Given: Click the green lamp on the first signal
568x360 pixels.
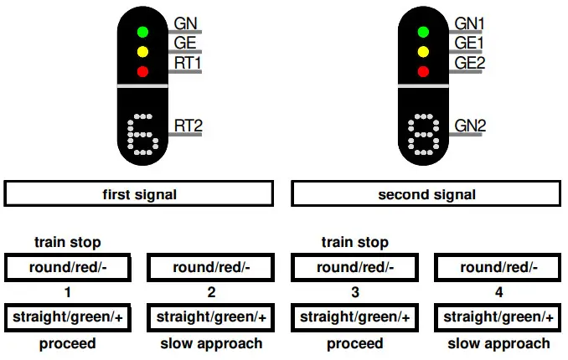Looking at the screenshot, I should (x=142, y=32).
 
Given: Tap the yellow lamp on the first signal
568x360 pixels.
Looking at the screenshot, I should (x=142, y=52).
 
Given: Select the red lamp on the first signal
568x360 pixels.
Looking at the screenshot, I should (x=142, y=71).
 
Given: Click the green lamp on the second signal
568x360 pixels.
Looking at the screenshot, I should (x=423, y=32).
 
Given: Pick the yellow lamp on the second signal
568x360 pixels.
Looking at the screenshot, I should (x=423, y=52).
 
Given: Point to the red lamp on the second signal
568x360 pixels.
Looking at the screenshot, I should (x=423, y=71).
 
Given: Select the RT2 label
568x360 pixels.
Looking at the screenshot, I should (x=188, y=126).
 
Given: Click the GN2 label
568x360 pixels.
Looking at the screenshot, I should (x=470, y=126).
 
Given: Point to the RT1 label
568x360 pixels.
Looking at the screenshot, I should (x=188, y=62).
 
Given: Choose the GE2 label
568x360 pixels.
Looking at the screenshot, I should (x=470, y=62).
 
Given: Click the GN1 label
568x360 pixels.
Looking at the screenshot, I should (x=470, y=23).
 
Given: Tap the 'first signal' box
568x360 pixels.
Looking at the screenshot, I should (x=139, y=194).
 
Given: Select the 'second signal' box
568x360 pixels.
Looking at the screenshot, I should (x=426, y=194).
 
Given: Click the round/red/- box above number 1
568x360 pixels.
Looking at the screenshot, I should (x=68, y=268).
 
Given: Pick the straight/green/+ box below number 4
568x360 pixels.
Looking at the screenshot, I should (x=498, y=317).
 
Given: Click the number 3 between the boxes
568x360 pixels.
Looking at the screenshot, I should (x=354, y=292).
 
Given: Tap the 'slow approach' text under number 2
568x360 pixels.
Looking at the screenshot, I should (x=211, y=343).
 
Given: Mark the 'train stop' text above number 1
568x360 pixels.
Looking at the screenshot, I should (x=68, y=243).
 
